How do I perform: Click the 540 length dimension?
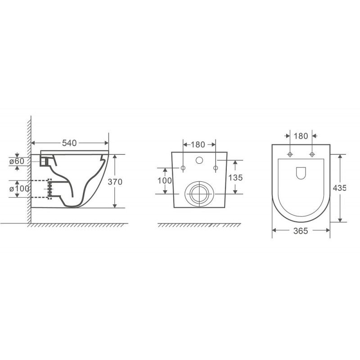pos(69,143)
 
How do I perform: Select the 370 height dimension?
pos(115,182)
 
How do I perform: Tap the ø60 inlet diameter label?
pos(17,161)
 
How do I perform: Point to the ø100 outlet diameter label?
pos(19,189)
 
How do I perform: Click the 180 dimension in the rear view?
pos(198,144)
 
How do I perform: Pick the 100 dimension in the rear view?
pos(165,181)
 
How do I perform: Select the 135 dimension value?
pos(235,177)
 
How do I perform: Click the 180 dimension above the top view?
pos(301,136)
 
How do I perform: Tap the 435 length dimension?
pos(339,188)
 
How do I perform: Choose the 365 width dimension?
pos(301,231)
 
